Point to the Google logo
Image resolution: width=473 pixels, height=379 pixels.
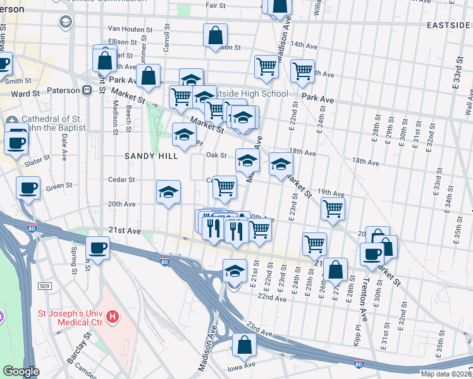(x=21, y=371)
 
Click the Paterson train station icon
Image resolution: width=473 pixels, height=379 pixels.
(x=86, y=90)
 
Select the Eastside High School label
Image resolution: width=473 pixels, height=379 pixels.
(x=252, y=93)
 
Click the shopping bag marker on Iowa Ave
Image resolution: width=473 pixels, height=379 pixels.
(x=243, y=345)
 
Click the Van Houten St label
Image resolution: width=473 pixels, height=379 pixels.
(x=130, y=29)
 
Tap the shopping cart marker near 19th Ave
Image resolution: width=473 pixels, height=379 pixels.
(x=333, y=208)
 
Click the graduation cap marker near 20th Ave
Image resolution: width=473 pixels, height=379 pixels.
(x=169, y=192)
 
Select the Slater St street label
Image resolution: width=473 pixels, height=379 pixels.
(x=37, y=163)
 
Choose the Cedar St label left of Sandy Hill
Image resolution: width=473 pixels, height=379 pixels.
(x=122, y=179)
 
